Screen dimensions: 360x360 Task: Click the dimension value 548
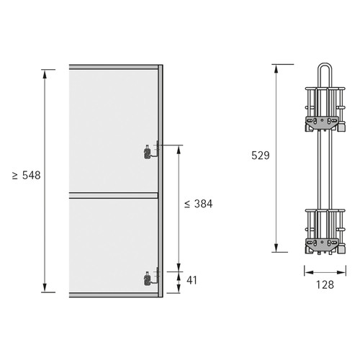[32, 176]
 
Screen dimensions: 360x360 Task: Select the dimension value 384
[204, 204]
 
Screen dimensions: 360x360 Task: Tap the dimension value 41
[192, 280]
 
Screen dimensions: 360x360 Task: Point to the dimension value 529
[261, 156]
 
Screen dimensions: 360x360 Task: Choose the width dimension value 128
[325, 284]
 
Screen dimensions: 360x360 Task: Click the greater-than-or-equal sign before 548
[15, 176]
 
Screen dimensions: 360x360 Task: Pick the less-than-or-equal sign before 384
[187, 204]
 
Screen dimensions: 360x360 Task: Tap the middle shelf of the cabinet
[114, 195]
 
